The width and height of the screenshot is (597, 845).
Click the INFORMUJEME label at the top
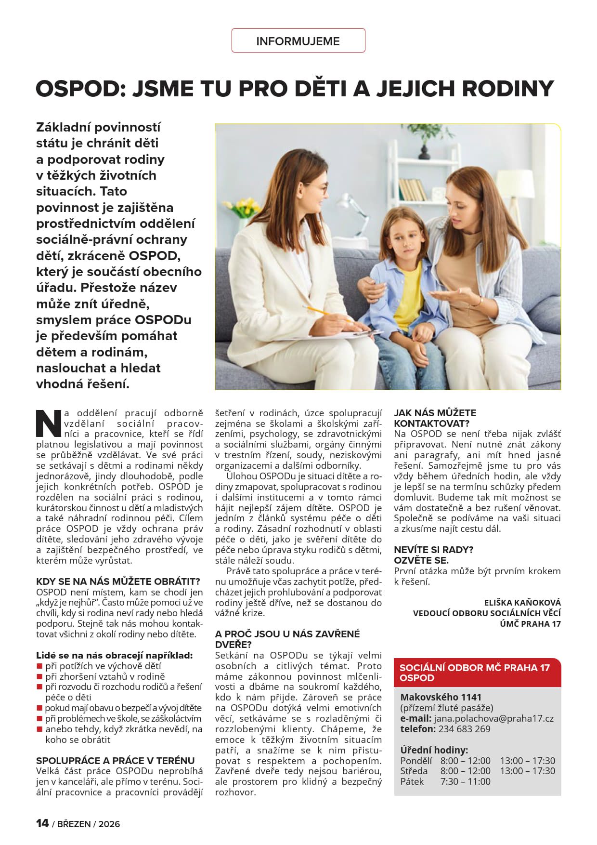tap(298, 41)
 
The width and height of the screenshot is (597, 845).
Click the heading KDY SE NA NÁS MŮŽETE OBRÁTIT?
tap(118, 581)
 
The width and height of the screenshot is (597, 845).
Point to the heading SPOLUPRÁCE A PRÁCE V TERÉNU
tap(116, 761)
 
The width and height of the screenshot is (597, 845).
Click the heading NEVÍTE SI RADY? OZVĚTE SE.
tap(433, 555)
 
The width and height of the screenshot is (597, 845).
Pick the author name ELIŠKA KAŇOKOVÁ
tap(522, 603)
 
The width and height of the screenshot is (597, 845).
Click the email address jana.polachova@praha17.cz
tap(493, 718)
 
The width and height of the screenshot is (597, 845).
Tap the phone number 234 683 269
tap(464, 729)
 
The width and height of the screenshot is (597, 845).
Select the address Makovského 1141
tap(441, 697)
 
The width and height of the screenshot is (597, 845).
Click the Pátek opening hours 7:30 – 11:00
tap(465, 781)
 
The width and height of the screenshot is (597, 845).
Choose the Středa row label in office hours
tap(414, 771)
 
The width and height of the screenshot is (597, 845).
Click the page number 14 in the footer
tap(42, 823)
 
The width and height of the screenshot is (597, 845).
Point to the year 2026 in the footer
tap(109, 824)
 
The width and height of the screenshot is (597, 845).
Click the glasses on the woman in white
tap(321, 187)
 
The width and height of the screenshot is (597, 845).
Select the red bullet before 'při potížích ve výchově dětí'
tap(39, 666)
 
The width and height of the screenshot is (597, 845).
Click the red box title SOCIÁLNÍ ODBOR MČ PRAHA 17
tap(474, 668)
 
